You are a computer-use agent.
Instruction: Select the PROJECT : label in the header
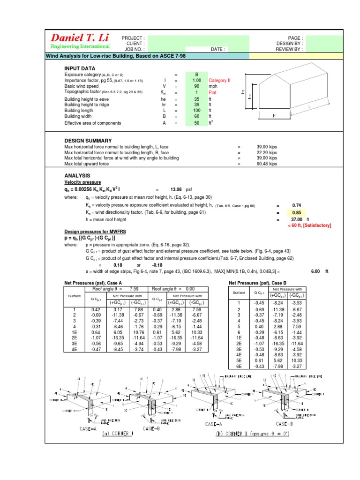pos(133,38)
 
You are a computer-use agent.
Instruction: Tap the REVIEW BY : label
pos(289,49)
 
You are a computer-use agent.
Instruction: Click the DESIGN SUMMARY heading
pos(88,141)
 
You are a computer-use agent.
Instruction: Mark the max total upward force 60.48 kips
pos(267,164)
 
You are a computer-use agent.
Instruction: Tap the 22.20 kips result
pos(267,153)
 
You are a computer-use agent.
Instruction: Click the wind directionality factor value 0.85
pos(296,212)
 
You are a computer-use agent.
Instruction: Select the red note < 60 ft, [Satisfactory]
pos(309,225)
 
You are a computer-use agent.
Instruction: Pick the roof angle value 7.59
pos(134,289)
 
